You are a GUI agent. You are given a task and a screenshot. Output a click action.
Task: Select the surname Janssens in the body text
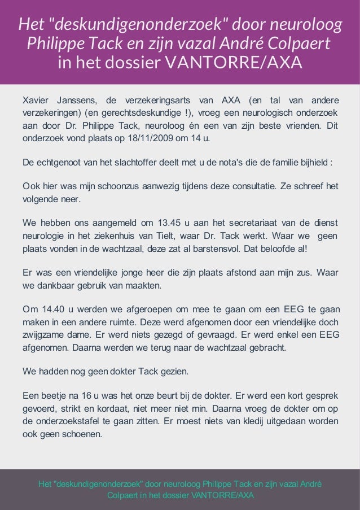tap(77, 101)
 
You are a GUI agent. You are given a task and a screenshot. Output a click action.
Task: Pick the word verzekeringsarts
tap(157, 101)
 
